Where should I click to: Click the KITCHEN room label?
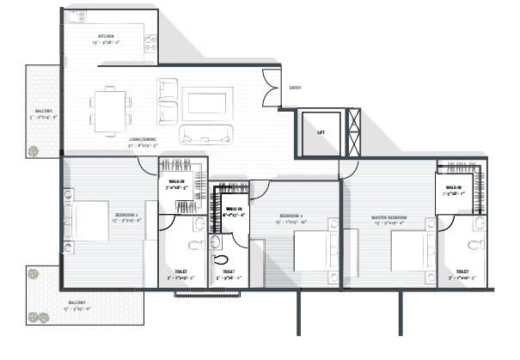[x=107, y=36]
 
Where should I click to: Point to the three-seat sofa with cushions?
[x=205, y=133]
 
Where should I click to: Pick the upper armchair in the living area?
[x=167, y=88]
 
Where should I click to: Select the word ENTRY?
[x=295, y=88]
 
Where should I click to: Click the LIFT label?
[x=320, y=133]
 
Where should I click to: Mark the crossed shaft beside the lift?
[x=353, y=132]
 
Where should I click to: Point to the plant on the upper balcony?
[x=34, y=151]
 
